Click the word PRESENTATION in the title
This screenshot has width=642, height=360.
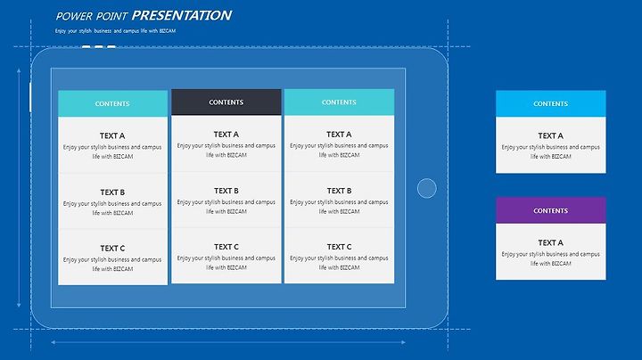pos(182,15)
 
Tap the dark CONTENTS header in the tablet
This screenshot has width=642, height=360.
pos(226,102)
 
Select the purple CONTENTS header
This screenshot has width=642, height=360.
pos(551,210)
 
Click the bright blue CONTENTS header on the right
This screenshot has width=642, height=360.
pos(551,103)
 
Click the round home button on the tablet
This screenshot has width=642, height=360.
pos(426,188)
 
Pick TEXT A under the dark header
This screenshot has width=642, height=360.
pos(226,135)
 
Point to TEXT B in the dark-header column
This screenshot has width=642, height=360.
pos(226,191)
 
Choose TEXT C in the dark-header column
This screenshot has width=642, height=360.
pos(226,247)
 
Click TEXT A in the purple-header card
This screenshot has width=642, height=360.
pos(551,242)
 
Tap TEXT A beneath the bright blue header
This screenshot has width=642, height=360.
pos(551,135)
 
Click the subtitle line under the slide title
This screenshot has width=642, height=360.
pos(115,30)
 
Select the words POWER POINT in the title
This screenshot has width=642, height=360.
pos(92,16)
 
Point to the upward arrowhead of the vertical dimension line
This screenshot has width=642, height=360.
pos(19,71)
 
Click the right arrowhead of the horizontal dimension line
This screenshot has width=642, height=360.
pos(403,342)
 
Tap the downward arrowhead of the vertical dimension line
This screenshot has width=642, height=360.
pos(19,305)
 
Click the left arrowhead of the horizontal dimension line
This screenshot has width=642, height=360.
pos(53,342)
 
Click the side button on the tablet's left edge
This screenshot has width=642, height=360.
pos(30,97)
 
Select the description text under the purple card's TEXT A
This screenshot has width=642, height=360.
pos(551,258)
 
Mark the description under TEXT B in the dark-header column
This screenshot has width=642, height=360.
pos(226,207)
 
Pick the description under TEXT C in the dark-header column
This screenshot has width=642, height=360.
pos(226,263)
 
